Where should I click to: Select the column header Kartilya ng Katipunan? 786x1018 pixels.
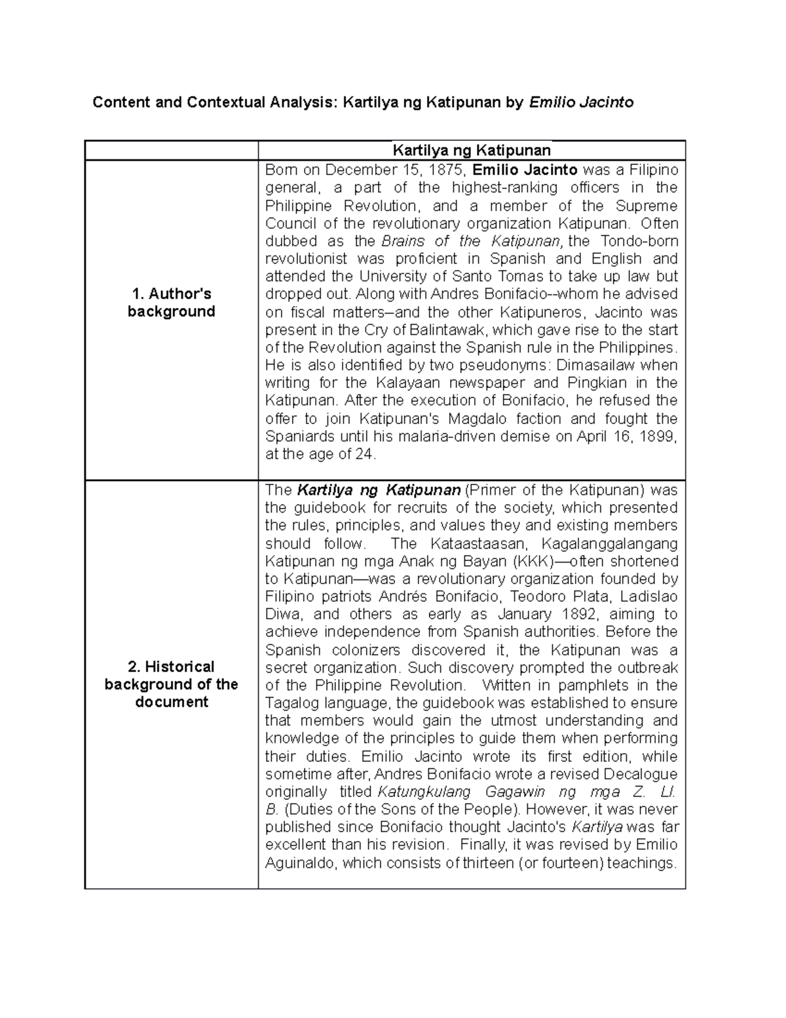[471, 151]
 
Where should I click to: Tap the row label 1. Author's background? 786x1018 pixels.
[172, 302]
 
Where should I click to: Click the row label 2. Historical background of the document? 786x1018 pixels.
[172, 684]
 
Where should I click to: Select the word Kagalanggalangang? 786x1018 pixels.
[610, 543]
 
